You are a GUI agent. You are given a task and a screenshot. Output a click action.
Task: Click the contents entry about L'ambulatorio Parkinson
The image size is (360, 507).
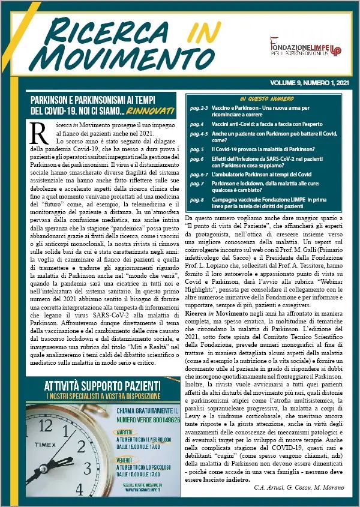(x=264, y=173)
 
